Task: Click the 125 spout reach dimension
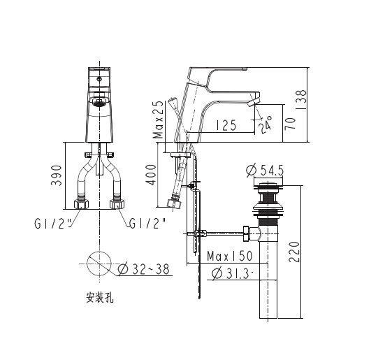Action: tap(225, 126)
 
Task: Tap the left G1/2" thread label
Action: tap(52, 224)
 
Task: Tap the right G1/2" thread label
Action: tap(147, 224)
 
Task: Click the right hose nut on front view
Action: tap(117, 205)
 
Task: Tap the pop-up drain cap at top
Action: tap(266, 186)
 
